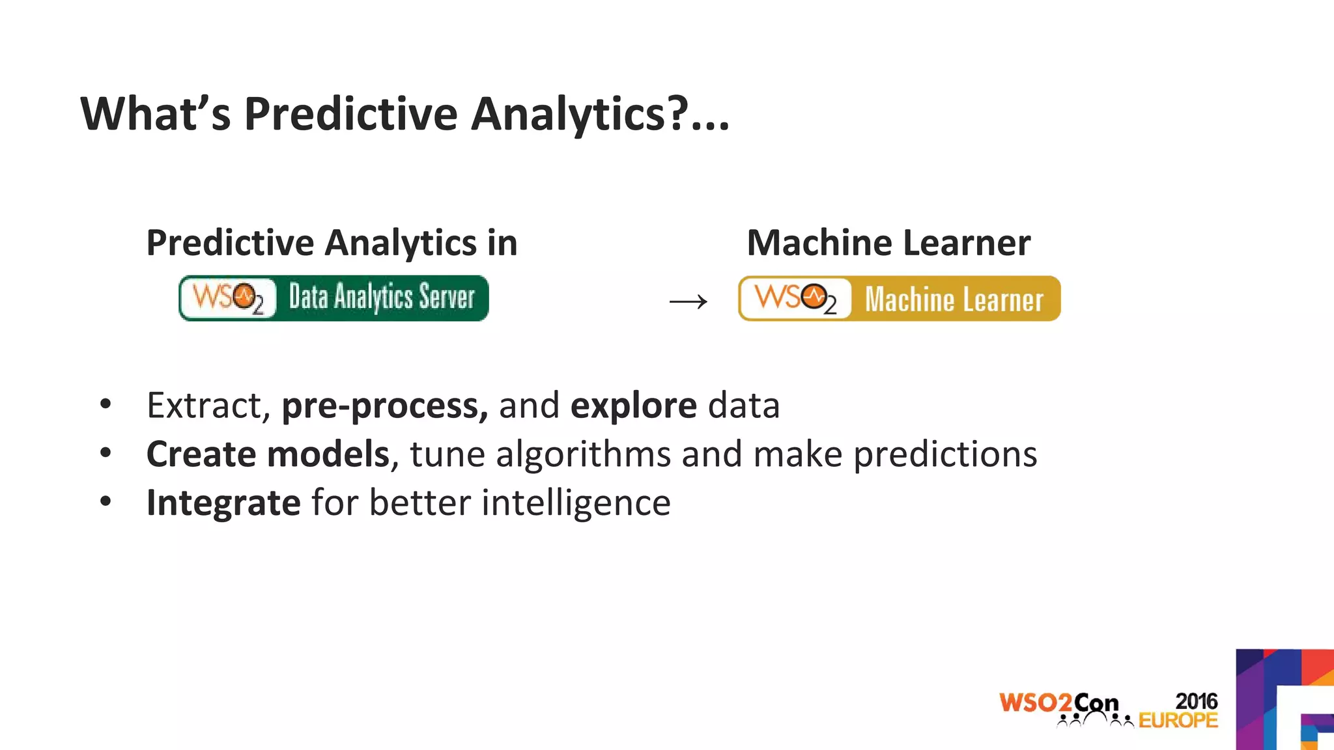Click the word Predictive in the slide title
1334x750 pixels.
[x=350, y=115]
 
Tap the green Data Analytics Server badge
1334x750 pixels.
[x=333, y=298]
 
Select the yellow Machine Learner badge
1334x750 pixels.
[x=899, y=299]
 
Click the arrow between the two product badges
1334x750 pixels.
[x=688, y=301]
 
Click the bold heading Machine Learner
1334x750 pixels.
[x=888, y=243]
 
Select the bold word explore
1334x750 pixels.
[x=633, y=406]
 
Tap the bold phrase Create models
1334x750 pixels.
[x=268, y=454]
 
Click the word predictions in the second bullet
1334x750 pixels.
[x=944, y=454]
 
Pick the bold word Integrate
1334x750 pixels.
[x=223, y=503]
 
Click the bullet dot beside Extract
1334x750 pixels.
[x=106, y=404]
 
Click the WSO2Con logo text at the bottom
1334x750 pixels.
[x=1058, y=703]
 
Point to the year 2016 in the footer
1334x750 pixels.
[x=1196, y=701]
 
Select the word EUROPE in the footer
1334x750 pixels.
[x=1178, y=720]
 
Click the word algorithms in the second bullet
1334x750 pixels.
[x=583, y=454]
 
